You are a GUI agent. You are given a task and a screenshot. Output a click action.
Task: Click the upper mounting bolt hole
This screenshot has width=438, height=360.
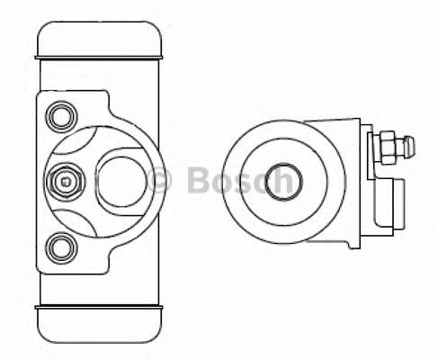click(x=62, y=115)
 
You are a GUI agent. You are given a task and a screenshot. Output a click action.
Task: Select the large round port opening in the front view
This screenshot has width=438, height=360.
click(x=125, y=180)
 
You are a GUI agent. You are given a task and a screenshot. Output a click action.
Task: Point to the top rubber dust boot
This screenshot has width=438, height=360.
click(x=100, y=40)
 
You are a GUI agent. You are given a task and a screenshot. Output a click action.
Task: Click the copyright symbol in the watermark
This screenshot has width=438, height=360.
click(x=158, y=180)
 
